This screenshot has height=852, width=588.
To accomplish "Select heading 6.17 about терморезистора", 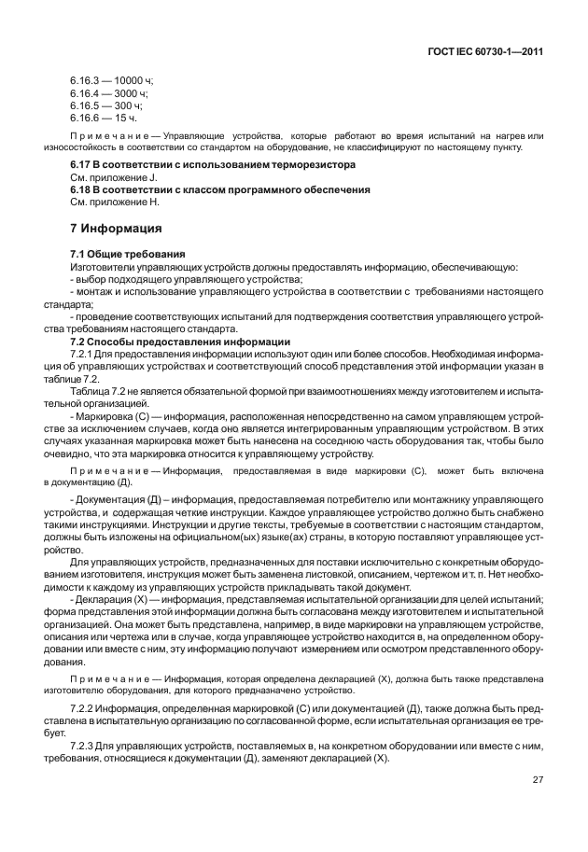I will point(213,164).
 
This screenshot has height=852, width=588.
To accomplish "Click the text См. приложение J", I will point(114,176).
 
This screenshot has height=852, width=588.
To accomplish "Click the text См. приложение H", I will point(115,201).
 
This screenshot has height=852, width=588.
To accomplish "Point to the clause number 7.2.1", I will point(82,354).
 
